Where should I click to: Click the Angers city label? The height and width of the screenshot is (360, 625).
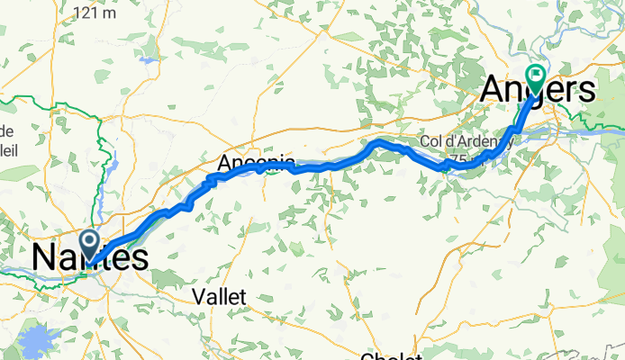tap(539, 89)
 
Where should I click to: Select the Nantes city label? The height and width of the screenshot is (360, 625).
tap(90, 256)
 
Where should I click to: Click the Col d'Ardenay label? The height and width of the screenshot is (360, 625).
tap(455, 143)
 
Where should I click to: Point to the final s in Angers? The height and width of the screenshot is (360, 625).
tap(586, 90)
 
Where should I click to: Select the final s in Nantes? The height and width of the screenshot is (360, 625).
tap(140, 257)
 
